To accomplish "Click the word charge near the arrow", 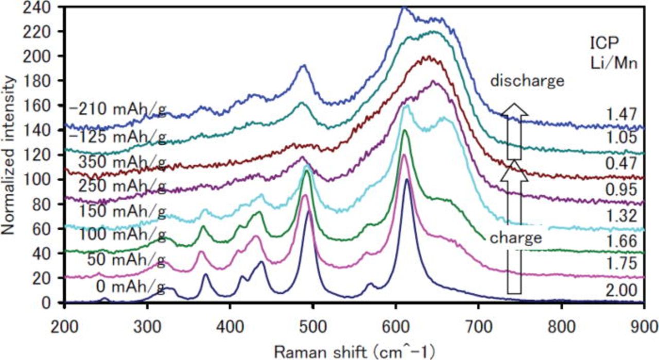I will [515, 238].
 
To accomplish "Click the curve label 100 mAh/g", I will [122, 234].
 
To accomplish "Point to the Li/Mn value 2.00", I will [626, 292].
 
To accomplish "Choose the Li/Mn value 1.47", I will [626, 113].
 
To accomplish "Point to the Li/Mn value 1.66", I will [626, 240].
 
